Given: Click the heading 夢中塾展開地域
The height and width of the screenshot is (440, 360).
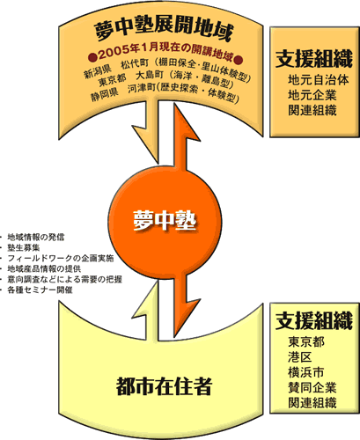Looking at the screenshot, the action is pyautogui.click(x=164, y=31).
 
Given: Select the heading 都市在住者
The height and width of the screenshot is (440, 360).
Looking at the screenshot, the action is pyautogui.click(x=164, y=386).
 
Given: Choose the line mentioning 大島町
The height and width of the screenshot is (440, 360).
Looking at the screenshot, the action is pyautogui.click(x=166, y=79).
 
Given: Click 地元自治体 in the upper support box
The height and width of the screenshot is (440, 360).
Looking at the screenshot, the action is pyautogui.click(x=319, y=80).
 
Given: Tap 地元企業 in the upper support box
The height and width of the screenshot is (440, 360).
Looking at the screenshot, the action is pyautogui.click(x=312, y=95).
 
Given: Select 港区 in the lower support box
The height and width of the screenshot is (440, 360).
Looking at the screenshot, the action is pyautogui.click(x=300, y=357).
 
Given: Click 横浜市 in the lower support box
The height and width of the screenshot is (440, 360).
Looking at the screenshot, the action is pyautogui.click(x=306, y=372).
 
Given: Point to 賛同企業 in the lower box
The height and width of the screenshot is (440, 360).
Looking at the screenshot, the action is pyautogui.click(x=312, y=388).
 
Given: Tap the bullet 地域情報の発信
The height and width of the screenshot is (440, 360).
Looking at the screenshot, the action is pyautogui.click(x=36, y=237).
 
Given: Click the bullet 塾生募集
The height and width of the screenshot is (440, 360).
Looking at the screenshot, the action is pyautogui.click(x=24, y=247).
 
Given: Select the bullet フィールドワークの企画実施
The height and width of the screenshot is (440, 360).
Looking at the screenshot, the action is pyautogui.click(x=61, y=258).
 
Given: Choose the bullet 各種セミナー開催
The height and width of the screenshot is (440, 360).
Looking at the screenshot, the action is pyautogui.click(x=40, y=290).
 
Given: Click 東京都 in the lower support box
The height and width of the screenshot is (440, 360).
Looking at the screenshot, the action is pyautogui.click(x=306, y=342).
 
